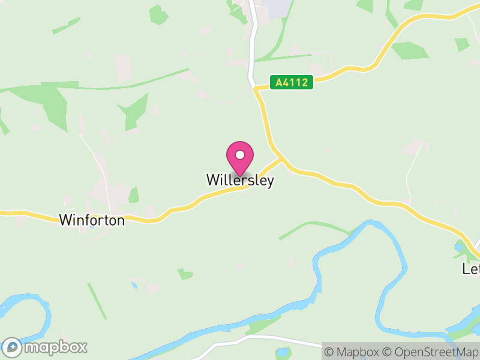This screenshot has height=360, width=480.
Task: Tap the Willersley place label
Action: point(240,180)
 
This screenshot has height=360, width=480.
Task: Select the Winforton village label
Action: point(92,220)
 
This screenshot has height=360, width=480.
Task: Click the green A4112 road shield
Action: point(292,83)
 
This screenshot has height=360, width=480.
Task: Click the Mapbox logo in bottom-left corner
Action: point(45,347)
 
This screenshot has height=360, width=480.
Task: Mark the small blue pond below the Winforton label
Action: point(91,229)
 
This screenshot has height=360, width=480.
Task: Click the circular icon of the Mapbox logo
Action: point(12,347)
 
